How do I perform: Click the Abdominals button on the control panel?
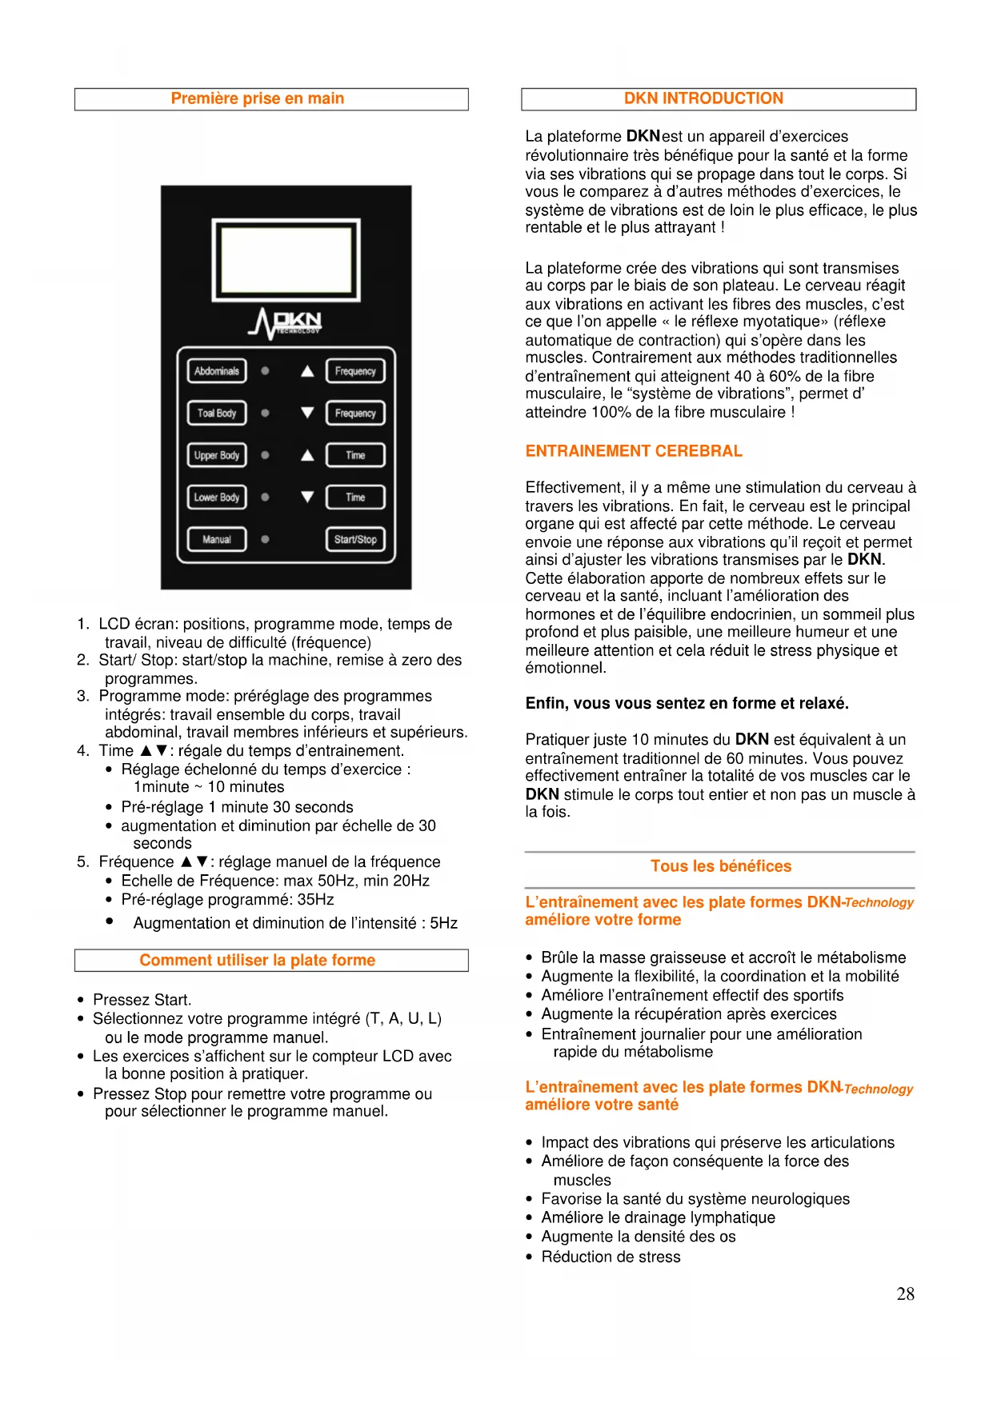point(217,371)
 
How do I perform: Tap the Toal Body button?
point(217,414)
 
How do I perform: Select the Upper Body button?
point(217,455)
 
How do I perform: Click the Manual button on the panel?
point(217,540)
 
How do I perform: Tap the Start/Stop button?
point(355,540)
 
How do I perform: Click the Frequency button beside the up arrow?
point(355,371)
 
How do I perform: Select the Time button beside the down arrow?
point(355,498)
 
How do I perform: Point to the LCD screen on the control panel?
point(286,259)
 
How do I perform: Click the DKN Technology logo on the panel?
point(286,323)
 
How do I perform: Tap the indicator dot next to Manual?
point(265,540)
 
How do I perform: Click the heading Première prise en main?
point(258,98)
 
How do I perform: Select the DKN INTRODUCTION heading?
point(703,98)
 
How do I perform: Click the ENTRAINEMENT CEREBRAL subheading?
point(634,451)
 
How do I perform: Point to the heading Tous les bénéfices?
point(721,866)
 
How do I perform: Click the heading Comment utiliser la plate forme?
point(258,960)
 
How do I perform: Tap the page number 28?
point(905,1293)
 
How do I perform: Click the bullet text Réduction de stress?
point(611,1257)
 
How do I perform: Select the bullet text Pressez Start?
point(142,1000)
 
